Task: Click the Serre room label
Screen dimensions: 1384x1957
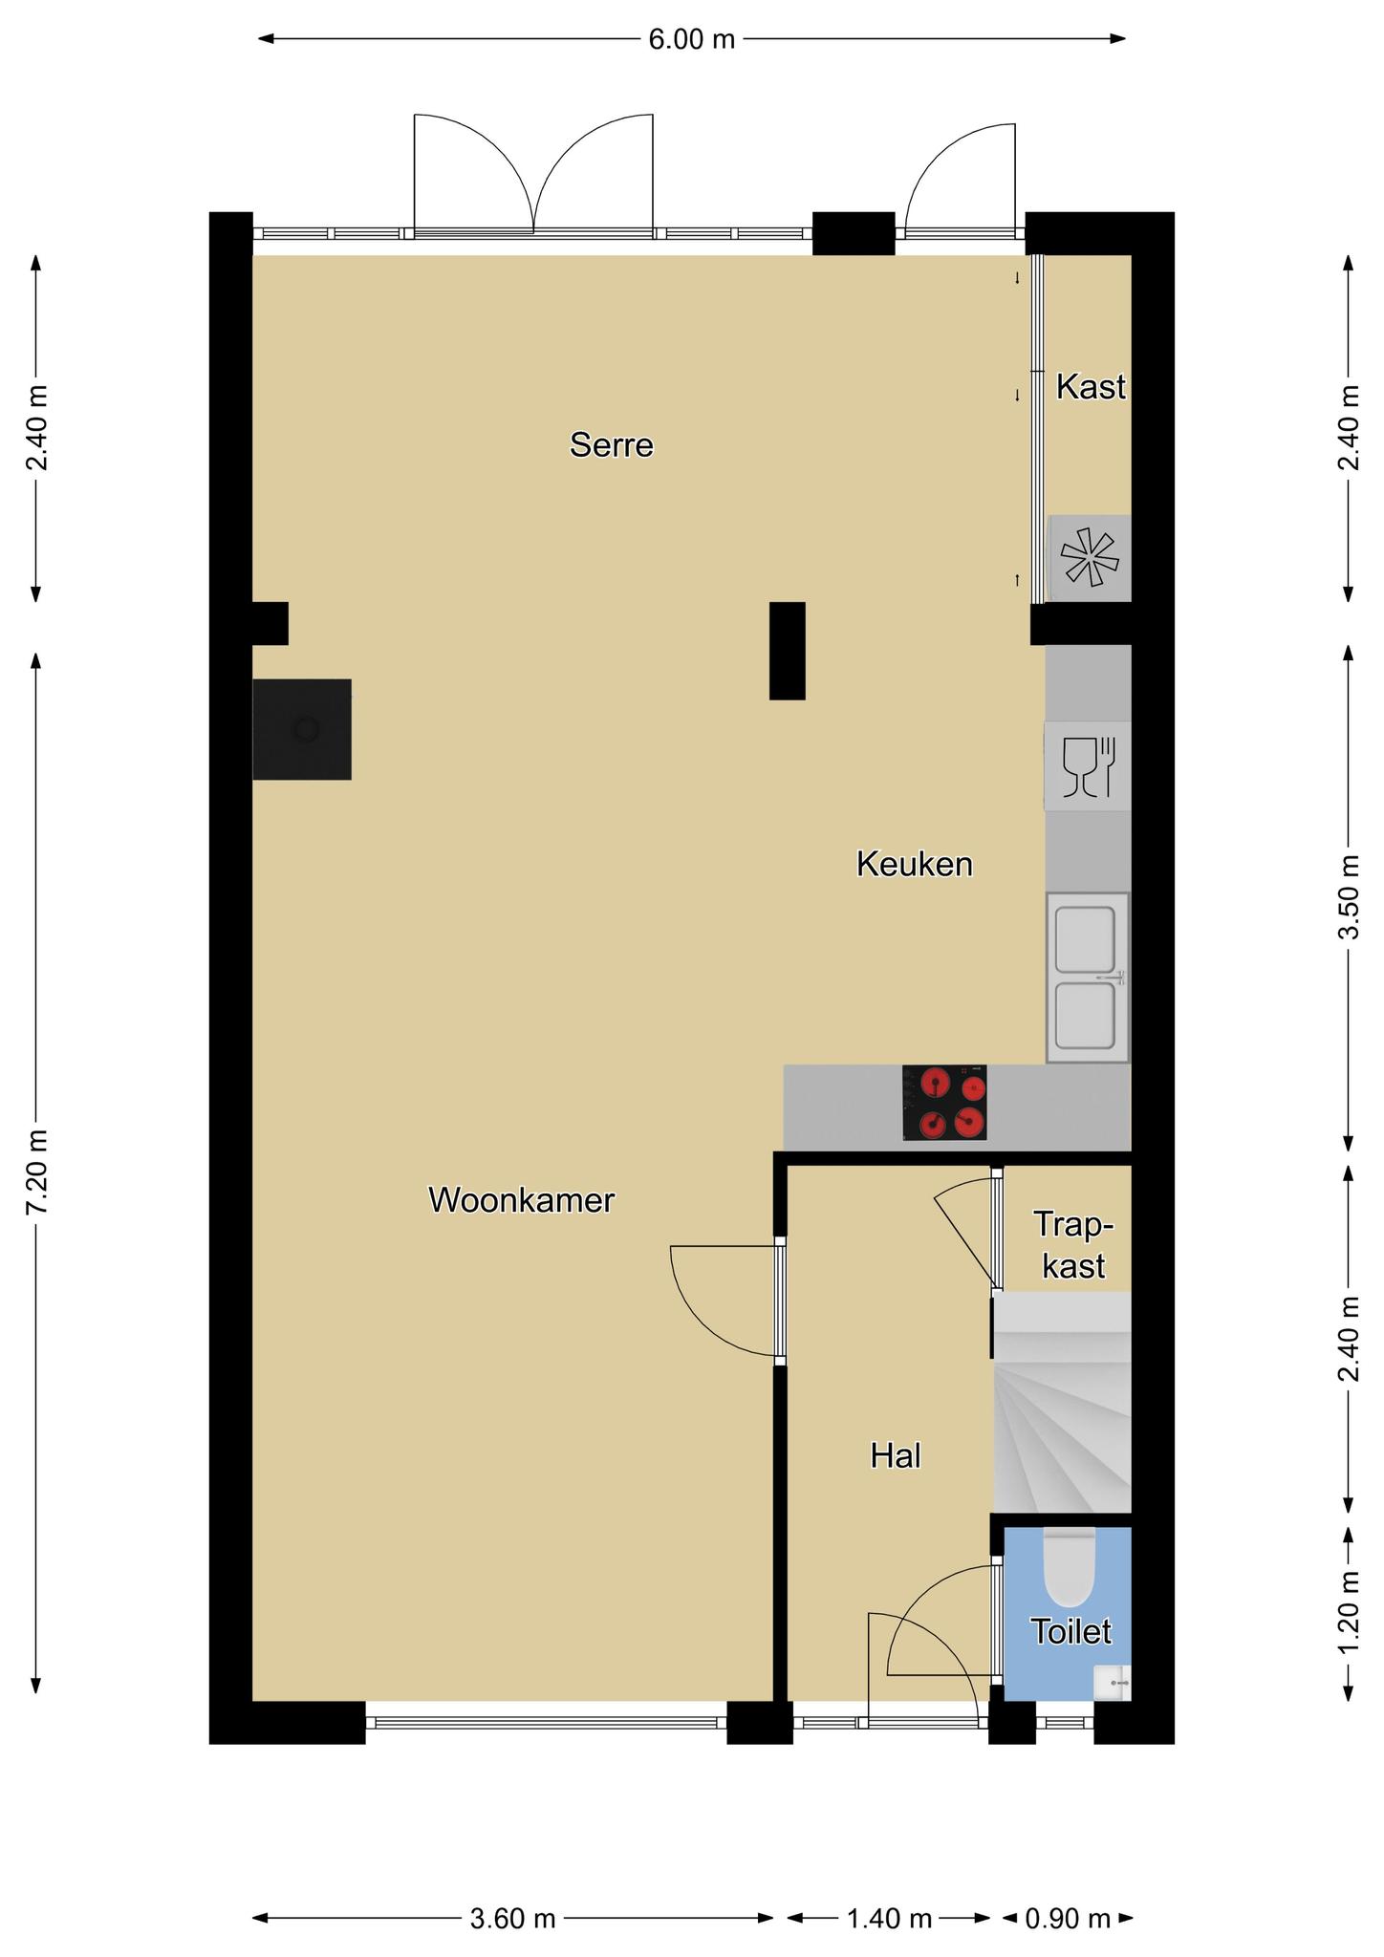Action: pyautogui.click(x=612, y=445)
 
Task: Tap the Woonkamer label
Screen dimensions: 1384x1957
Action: pyautogui.click(x=521, y=1200)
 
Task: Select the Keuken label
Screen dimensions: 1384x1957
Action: pyautogui.click(x=915, y=865)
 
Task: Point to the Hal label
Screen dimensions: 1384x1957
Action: pyautogui.click(x=896, y=1456)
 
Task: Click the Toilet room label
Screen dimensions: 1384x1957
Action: pyautogui.click(x=1071, y=1632)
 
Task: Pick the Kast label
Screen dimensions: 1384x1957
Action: pyautogui.click(x=1091, y=387)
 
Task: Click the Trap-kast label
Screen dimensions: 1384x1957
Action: pyautogui.click(x=1074, y=1245)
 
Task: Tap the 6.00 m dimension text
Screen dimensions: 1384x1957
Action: pyautogui.click(x=692, y=39)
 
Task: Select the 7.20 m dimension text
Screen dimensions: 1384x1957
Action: pyautogui.click(x=37, y=1172)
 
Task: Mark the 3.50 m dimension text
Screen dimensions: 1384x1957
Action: pyautogui.click(x=1349, y=896)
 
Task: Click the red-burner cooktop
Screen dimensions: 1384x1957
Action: pyautogui.click(x=944, y=1103)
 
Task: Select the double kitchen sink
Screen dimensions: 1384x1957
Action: pyautogui.click(x=1088, y=978)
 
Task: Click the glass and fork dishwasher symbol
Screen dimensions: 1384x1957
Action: pyautogui.click(x=1088, y=766)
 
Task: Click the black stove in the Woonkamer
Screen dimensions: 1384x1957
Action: pyautogui.click(x=302, y=729)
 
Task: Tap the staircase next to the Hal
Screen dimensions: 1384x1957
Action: pyautogui.click(x=1062, y=1402)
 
